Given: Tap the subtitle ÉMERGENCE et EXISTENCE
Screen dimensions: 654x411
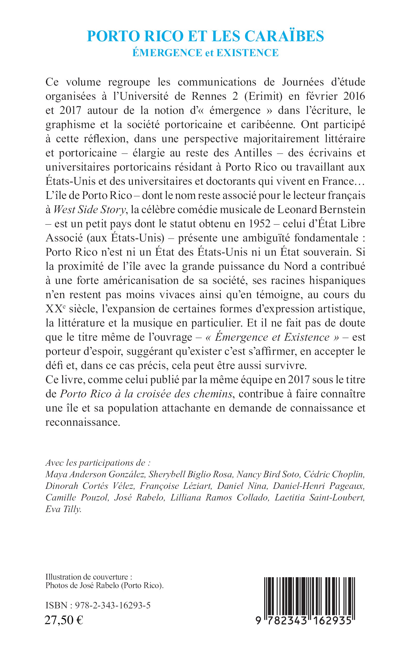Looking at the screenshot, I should click(205, 53).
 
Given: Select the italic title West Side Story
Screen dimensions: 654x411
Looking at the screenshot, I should click(90, 210).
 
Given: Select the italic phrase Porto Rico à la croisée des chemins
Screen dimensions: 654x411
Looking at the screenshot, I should click(146, 394).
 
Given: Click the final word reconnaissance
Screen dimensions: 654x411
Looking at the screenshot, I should click(83, 422).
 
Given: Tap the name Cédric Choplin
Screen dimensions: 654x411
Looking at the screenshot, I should click(334, 474).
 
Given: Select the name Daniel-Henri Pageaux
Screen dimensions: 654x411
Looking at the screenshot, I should click(319, 486).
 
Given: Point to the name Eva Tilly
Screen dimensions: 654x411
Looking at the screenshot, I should click(63, 509).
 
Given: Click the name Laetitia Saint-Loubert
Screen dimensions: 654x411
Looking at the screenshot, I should click(319, 498).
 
